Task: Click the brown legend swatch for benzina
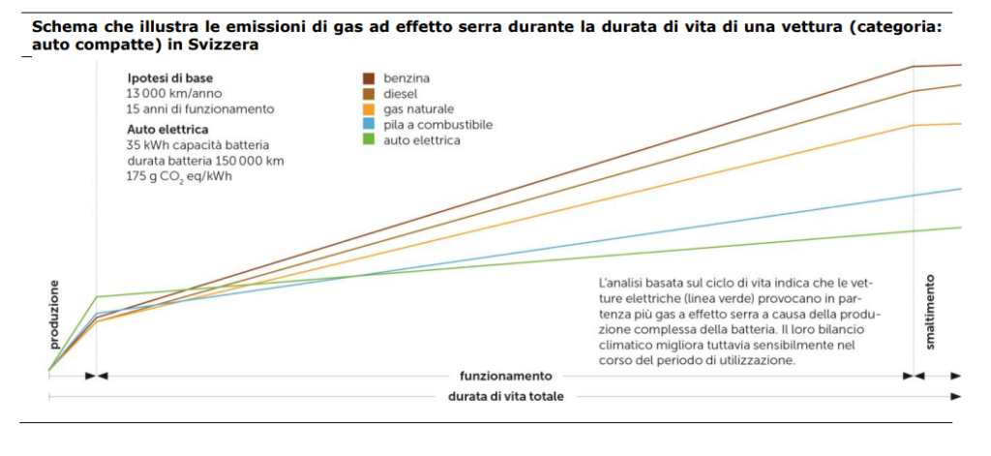tap(369, 77)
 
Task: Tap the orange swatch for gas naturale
tap(369, 109)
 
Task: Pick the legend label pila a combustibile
tap(437, 125)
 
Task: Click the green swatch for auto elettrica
tap(369, 140)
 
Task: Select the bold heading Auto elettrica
tap(167, 128)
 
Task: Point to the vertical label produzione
tap(54, 315)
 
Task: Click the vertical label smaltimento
tap(930, 312)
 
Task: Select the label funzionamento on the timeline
tap(505, 376)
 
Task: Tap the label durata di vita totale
tap(505, 396)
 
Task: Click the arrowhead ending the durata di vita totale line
tap(956, 396)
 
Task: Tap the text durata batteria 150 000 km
tap(205, 160)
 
